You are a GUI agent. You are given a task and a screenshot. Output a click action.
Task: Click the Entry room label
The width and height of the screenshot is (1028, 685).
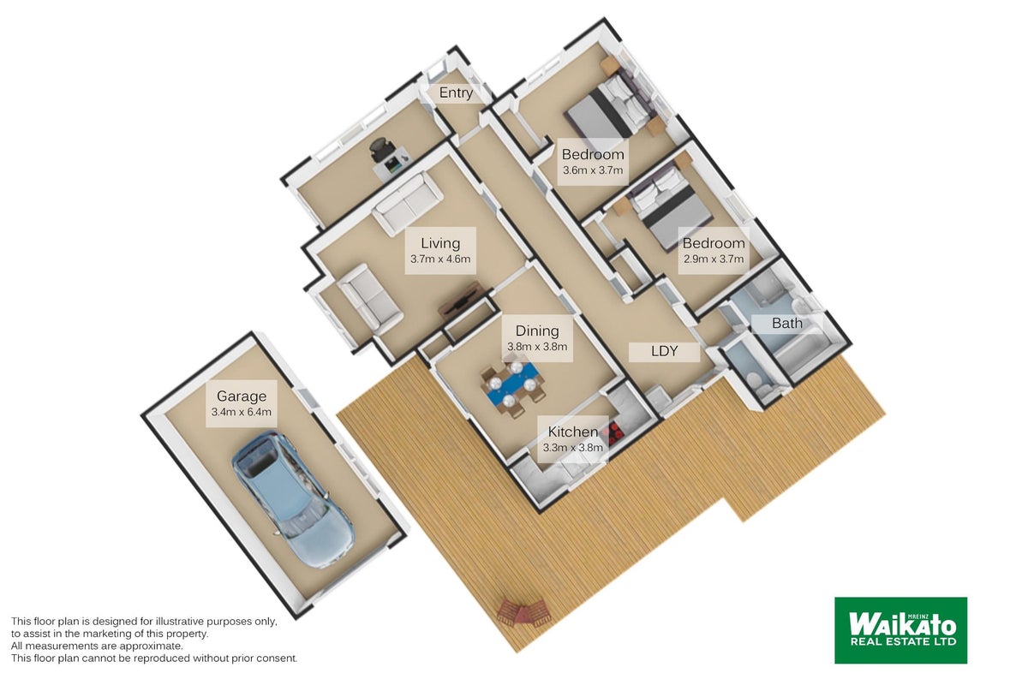(x=456, y=92)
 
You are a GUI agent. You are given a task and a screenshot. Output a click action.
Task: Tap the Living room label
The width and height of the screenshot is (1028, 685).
(x=440, y=243)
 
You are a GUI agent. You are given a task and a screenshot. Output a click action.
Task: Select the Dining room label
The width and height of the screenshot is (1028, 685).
(x=537, y=331)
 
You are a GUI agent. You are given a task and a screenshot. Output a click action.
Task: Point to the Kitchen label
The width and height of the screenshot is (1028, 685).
(x=573, y=432)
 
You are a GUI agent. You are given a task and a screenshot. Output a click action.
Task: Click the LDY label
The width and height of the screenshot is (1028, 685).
(x=664, y=351)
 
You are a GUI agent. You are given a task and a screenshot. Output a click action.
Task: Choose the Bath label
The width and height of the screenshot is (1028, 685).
(x=787, y=323)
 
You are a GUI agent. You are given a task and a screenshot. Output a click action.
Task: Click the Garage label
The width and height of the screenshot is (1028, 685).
(x=242, y=396)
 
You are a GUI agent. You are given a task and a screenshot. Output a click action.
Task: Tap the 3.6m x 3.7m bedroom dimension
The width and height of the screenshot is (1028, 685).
(x=593, y=170)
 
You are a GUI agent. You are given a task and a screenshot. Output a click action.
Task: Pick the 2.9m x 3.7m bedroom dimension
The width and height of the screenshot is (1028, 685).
(x=714, y=259)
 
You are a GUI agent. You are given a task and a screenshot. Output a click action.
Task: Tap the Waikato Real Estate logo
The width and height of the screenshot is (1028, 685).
(x=901, y=630)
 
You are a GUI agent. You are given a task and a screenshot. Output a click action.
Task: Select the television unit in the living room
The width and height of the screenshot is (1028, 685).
(x=460, y=301)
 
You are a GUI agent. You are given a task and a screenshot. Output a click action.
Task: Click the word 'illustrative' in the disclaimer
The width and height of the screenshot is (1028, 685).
(x=178, y=622)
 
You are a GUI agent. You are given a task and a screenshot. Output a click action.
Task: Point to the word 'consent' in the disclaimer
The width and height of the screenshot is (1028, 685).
(x=279, y=658)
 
